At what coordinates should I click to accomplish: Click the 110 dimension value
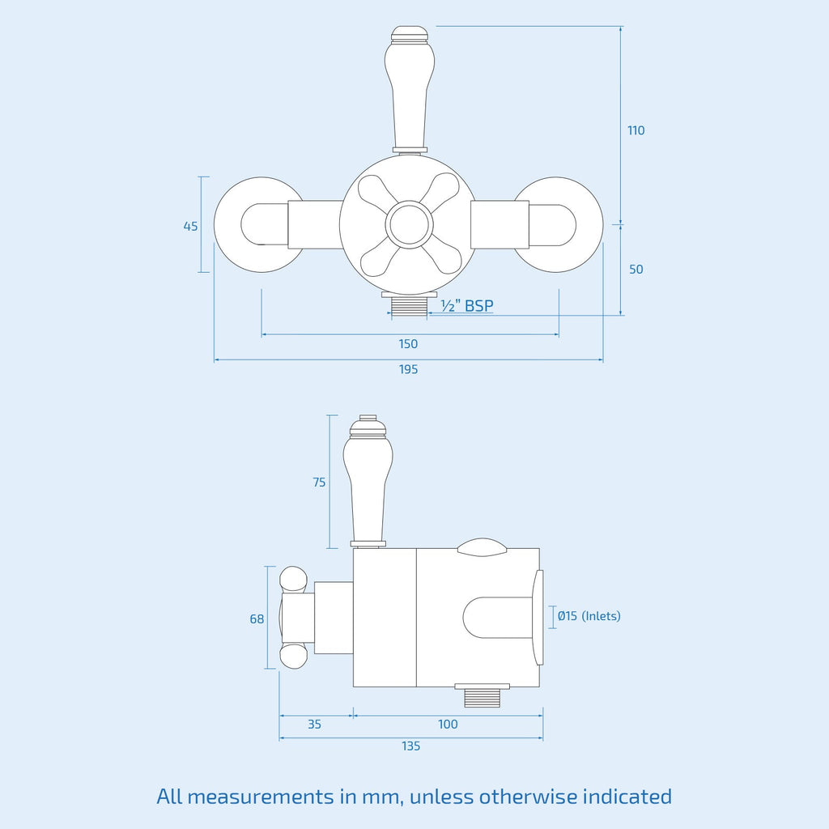[x=636, y=130]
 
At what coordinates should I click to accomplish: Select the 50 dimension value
[x=636, y=269]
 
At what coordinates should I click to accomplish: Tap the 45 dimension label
[x=190, y=227]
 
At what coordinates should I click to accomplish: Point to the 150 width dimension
[x=408, y=344]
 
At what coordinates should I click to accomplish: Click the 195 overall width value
[x=408, y=369]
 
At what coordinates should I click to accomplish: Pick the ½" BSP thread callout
[x=467, y=305]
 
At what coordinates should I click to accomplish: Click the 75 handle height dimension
[x=319, y=483]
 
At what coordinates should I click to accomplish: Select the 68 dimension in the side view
[x=257, y=619]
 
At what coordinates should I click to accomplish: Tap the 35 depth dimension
[x=315, y=725]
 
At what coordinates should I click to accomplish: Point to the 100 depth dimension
[x=448, y=725]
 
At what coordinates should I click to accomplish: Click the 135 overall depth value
[x=410, y=746]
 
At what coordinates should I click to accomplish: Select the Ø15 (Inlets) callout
[x=589, y=616]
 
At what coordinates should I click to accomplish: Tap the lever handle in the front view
[x=410, y=90]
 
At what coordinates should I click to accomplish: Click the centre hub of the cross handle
[x=409, y=224]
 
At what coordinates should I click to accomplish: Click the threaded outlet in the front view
[x=409, y=304]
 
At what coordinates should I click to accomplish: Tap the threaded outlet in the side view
[x=483, y=695]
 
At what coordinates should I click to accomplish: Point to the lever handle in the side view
[x=368, y=481]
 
